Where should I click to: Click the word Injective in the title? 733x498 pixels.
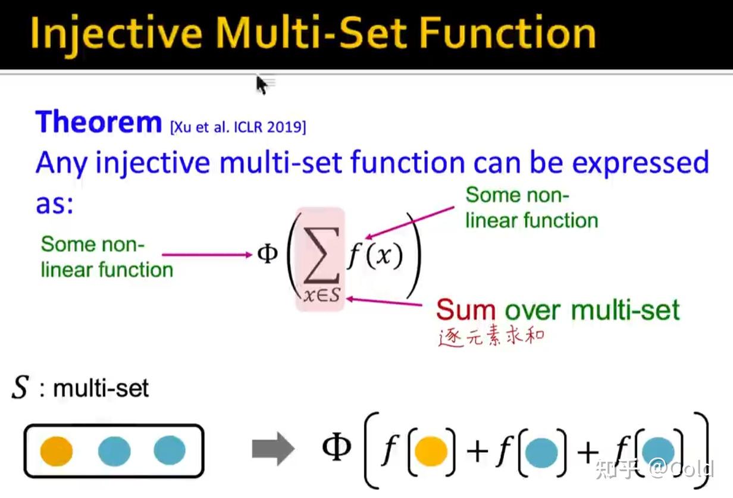coord(116,35)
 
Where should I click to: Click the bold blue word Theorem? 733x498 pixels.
coord(99,121)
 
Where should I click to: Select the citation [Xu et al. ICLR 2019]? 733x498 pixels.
coord(238,127)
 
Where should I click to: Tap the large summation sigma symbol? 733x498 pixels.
coord(321,255)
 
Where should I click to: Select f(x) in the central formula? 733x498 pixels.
coord(375,256)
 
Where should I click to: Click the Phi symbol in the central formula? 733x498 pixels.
coord(268,254)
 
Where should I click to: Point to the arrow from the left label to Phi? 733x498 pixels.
coord(207,255)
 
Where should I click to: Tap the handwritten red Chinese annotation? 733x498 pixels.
coord(491,336)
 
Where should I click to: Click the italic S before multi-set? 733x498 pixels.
coord(20,387)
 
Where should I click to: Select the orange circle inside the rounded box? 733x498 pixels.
coord(57,451)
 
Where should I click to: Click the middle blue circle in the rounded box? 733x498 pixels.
coord(114,451)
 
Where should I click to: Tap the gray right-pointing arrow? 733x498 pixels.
coord(273,449)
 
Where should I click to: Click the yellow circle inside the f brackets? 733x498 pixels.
coord(431,452)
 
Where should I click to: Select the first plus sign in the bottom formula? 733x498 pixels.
coord(477,452)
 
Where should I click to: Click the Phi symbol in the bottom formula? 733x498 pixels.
coord(336,446)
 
